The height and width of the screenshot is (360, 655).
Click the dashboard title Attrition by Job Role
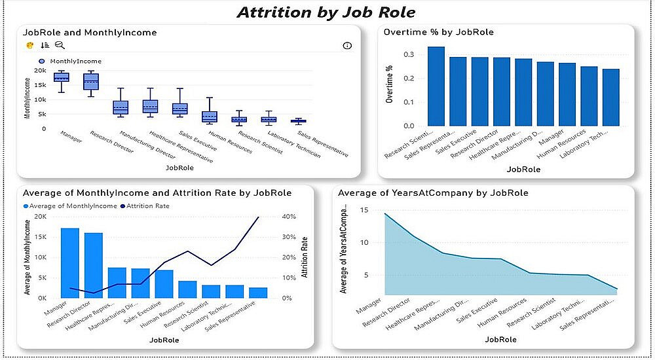coord(326,12)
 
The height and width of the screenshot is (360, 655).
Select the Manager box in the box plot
coord(61,77)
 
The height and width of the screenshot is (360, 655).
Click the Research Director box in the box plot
coord(91,81)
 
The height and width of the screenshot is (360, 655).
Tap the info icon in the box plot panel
coord(347,45)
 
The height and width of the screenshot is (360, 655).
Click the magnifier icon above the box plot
coord(60,45)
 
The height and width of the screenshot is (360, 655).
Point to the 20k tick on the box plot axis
coord(40,71)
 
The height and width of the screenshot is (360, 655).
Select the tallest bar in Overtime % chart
coord(436,86)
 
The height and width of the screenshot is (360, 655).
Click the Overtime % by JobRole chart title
coord(439,31)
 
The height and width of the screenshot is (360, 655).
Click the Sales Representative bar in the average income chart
coord(258,293)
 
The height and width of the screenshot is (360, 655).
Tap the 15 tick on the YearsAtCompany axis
coord(365,211)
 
